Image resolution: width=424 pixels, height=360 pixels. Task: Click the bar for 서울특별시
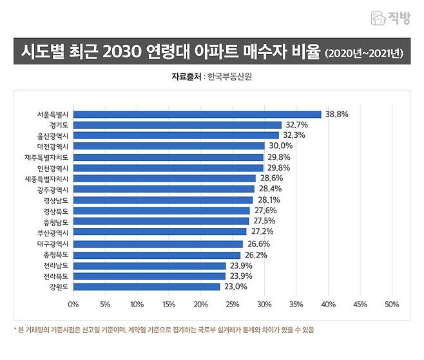(x=197, y=115)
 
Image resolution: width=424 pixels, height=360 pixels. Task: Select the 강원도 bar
(x=146, y=287)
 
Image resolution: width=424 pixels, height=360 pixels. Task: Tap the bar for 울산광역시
(x=176, y=136)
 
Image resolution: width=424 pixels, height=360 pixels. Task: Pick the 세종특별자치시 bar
(x=164, y=178)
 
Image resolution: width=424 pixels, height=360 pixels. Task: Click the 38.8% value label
(x=337, y=115)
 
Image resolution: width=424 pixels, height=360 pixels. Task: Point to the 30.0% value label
(x=280, y=146)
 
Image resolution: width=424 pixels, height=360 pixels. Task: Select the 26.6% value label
(x=258, y=244)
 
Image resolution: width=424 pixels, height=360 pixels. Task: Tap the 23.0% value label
(x=235, y=287)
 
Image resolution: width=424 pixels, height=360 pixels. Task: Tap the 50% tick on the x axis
(x=392, y=304)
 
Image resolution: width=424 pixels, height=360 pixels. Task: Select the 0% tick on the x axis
(x=73, y=304)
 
